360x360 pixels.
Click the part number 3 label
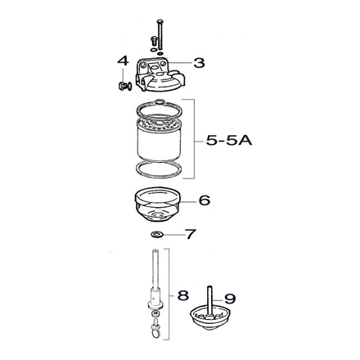pyautogui.click(x=200, y=61)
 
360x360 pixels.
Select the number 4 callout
pyautogui.click(x=123, y=62)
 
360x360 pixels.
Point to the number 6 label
pyautogui.click(x=205, y=200)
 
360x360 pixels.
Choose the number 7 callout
pyautogui.click(x=191, y=236)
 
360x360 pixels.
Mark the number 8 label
pyautogui.click(x=183, y=292)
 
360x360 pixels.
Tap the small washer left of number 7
pyautogui.click(x=157, y=236)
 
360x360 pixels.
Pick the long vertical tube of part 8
pyautogui.click(x=154, y=275)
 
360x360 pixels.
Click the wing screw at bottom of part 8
pyautogui.click(x=155, y=331)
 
